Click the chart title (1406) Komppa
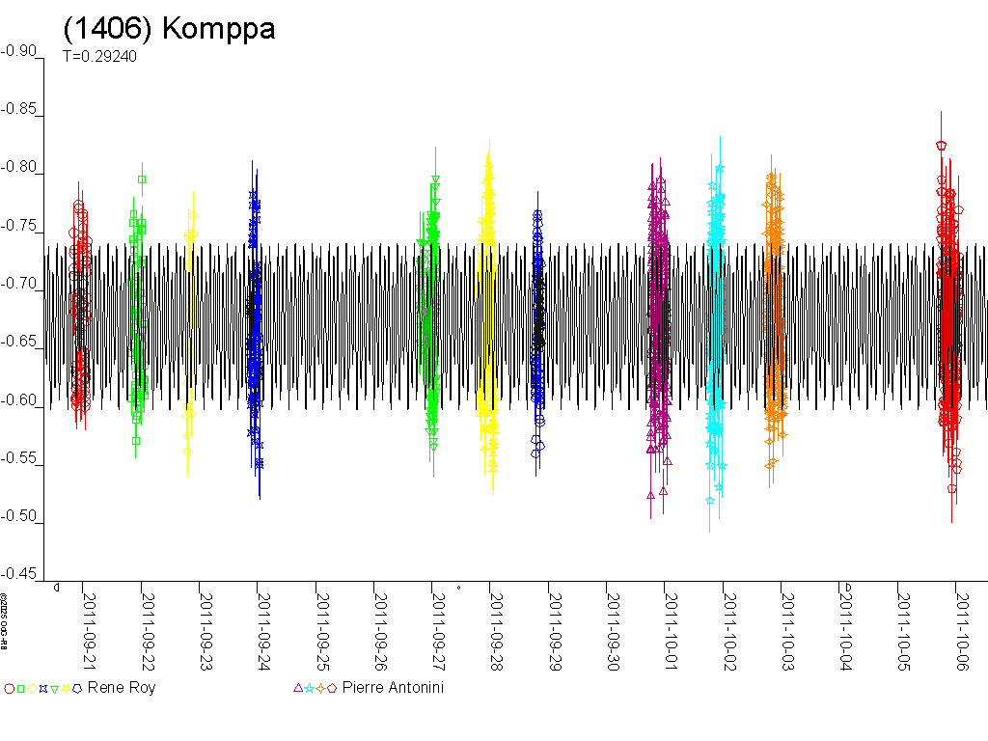click(x=169, y=29)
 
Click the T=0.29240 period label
click(x=99, y=57)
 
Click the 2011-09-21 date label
click(x=91, y=623)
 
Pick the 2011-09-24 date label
click(x=264, y=623)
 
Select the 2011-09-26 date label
click(x=381, y=623)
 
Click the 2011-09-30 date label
click(x=614, y=623)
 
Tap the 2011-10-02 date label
click(x=729, y=623)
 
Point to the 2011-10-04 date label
click(x=846, y=623)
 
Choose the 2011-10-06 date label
click(x=963, y=623)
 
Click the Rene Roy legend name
click(x=121, y=688)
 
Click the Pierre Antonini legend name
click(x=393, y=688)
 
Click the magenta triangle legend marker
click(x=297, y=688)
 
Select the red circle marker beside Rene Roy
click(x=9, y=689)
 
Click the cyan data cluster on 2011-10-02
click(x=716, y=318)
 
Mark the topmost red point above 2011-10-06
click(x=941, y=146)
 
